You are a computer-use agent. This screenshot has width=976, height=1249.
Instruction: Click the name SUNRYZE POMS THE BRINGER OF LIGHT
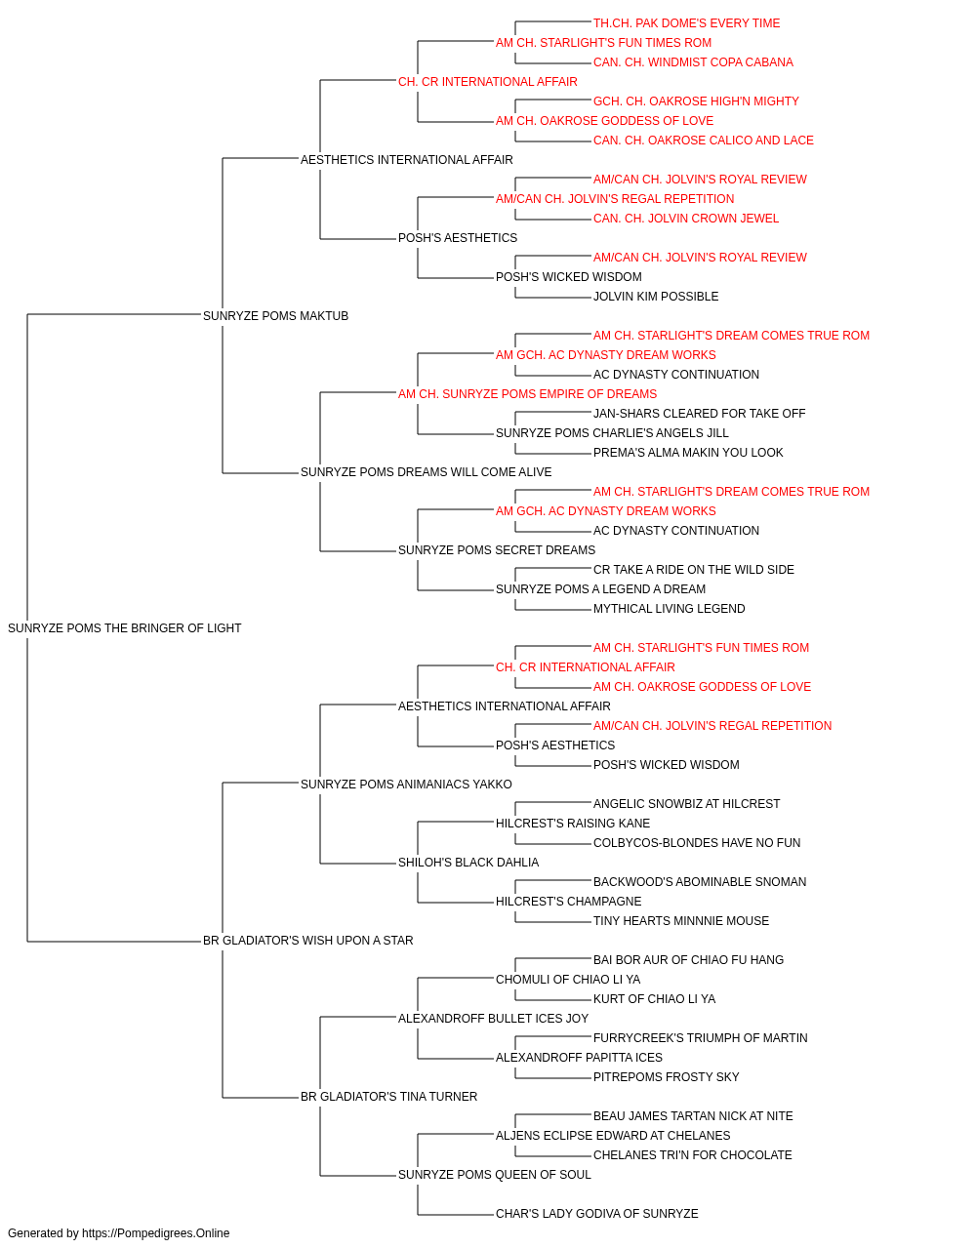(x=124, y=628)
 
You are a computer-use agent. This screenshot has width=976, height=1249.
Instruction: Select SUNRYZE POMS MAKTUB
(x=275, y=316)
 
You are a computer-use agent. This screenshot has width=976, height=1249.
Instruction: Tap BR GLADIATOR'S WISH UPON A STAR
(x=307, y=941)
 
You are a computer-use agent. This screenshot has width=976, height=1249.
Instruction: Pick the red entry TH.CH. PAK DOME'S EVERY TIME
(x=686, y=23)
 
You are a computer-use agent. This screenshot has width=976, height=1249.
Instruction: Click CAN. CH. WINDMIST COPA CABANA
(x=693, y=62)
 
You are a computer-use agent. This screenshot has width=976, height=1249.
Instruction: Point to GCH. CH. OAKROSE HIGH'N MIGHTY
(x=696, y=101)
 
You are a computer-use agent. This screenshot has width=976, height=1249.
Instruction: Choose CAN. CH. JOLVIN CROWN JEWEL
(x=686, y=219)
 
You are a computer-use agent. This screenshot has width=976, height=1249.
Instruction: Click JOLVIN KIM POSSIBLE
(x=655, y=297)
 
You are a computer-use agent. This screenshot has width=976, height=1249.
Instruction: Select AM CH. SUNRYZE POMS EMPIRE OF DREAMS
(x=527, y=394)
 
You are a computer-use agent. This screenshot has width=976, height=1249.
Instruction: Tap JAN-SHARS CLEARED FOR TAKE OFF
(x=699, y=414)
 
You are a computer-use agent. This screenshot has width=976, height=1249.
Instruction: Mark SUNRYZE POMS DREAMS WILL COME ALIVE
(x=426, y=472)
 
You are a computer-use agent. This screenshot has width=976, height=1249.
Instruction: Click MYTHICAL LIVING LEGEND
(x=669, y=609)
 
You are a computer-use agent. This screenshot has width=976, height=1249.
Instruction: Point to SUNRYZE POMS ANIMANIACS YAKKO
(x=406, y=785)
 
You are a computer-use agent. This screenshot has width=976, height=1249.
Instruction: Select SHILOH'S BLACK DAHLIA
(x=468, y=863)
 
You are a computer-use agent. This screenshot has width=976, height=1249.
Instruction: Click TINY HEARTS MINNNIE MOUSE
(x=680, y=921)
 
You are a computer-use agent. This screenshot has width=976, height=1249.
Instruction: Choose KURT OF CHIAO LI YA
(x=654, y=999)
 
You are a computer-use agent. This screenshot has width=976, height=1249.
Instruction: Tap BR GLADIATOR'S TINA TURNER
(x=388, y=1097)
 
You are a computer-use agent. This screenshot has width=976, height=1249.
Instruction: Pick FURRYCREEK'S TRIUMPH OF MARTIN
(x=700, y=1038)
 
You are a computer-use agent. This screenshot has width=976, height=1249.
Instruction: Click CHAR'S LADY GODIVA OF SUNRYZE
(x=596, y=1213)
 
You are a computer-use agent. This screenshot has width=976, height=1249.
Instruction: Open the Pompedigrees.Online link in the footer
(x=155, y=1233)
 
